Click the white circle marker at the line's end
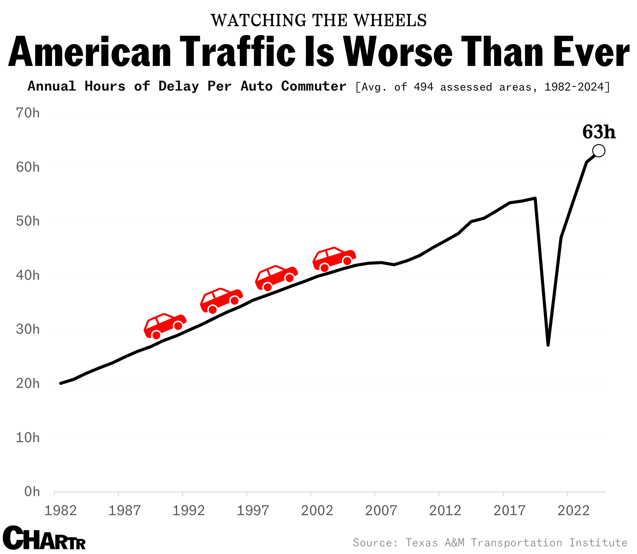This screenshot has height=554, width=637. click(x=599, y=151)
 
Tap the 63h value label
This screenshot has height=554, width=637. click(x=599, y=132)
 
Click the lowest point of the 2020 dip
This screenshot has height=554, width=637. click(x=548, y=345)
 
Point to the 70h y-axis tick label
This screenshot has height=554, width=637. click(x=28, y=113)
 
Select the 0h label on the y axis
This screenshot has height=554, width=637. click(x=32, y=491)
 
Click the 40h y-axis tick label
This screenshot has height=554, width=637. click(x=28, y=275)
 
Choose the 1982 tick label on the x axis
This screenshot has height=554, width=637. click(x=61, y=511)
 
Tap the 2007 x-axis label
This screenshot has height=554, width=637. click(x=381, y=511)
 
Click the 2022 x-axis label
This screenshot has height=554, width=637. click(x=573, y=511)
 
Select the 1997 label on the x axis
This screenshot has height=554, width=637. click(x=253, y=511)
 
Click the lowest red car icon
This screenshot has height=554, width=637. click(x=165, y=326)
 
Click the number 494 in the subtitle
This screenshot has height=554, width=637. click(x=424, y=87)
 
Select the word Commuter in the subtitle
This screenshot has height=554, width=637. click(x=313, y=86)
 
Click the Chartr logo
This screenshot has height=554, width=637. click(x=44, y=538)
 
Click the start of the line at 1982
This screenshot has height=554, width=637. click(x=61, y=383)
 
